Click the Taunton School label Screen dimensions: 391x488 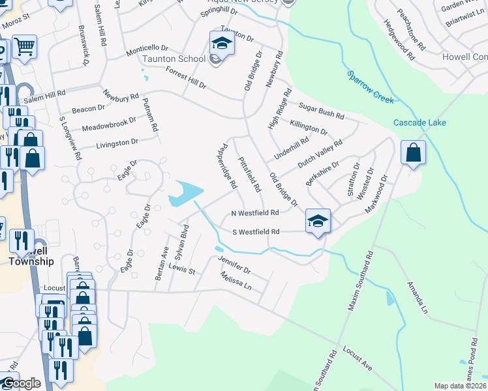point(174,59)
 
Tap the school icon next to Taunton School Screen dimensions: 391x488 point(221,44)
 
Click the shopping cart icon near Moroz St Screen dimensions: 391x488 point(25,47)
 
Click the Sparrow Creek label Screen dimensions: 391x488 point(371,87)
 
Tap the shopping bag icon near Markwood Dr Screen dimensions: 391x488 point(413,154)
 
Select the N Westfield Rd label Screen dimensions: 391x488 point(255,213)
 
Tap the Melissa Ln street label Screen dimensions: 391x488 point(236,282)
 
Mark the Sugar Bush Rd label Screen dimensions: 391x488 point(321,110)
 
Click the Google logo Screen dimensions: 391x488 point(22,383)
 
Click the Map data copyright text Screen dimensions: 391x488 point(460,386)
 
